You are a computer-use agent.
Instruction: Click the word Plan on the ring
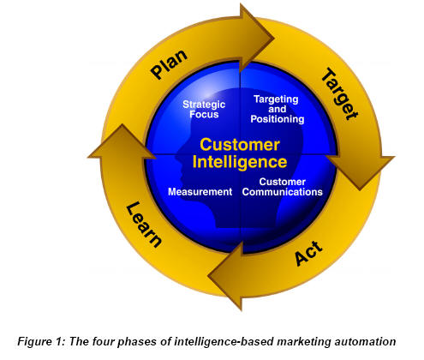click(x=169, y=64)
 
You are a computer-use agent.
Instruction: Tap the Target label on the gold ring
click(x=339, y=93)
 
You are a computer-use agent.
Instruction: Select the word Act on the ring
click(x=308, y=253)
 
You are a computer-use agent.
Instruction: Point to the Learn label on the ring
click(x=144, y=224)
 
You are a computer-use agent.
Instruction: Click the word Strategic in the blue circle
click(x=204, y=105)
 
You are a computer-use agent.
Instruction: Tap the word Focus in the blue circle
click(x=204, y=114)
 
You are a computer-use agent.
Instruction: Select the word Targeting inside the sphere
click(x=276, y=99)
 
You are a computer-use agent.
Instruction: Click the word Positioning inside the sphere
click(x=278, y=119)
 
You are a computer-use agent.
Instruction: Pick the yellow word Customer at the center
click(x=240, y=145)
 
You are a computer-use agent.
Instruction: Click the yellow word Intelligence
click(x=240, y=162)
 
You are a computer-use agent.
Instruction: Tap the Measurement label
click(x=200, y=192)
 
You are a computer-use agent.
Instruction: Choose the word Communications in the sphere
click(x=282, y=192)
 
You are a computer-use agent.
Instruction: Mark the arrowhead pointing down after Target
click(x=361, y=171)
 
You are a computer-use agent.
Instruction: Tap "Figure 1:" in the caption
click(x=42, y=341)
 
